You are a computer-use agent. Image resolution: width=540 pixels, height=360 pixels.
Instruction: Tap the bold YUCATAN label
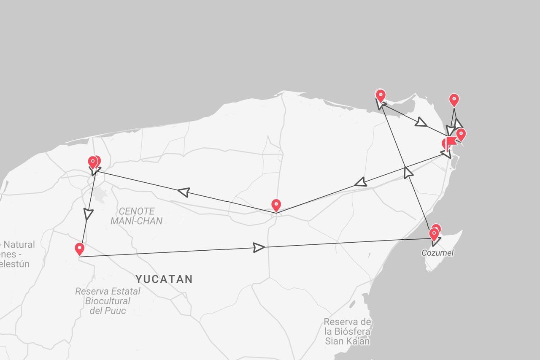pos(164,279)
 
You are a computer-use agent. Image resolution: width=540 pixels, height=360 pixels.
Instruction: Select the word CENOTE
pos(137,211)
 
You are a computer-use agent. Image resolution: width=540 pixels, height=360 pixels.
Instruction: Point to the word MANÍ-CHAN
pos(136,221)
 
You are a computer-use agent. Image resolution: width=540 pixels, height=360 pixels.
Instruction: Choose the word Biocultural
pos(108,301)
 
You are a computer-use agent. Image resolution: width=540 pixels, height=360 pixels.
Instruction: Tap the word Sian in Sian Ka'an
pos(334,341)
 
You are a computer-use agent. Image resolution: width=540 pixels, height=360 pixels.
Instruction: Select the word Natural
pos(19,245)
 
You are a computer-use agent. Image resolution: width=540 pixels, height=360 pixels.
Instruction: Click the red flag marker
pos(451,141)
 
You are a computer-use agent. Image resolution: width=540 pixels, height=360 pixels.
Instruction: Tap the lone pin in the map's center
pos(276,205)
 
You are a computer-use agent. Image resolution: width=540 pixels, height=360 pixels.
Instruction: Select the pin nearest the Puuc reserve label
pos(79,249)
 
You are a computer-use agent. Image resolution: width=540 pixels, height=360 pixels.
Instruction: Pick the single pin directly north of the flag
pos(454,100)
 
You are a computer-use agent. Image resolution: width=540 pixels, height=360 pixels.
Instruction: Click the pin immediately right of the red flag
pos(461,135)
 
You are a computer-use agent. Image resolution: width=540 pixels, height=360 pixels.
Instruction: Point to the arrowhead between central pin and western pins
pos(184,192)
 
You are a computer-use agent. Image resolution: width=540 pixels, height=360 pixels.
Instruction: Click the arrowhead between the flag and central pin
pos(361,182)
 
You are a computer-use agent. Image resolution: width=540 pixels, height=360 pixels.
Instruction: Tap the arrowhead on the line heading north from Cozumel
pos(408,172)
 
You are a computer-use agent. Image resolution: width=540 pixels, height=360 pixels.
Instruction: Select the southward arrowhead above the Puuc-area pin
pos(88,214)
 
